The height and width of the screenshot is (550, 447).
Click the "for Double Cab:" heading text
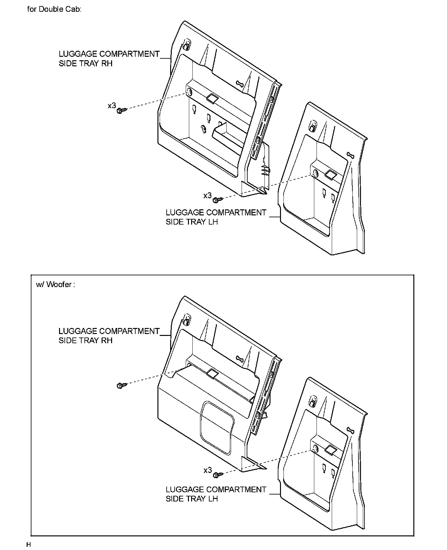[54, 9]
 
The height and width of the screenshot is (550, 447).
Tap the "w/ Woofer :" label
[56, 285]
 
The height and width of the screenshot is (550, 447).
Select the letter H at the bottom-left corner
[29, 545]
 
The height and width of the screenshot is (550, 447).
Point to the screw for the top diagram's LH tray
[218, 199]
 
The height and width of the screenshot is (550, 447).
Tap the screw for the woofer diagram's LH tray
[218, 475]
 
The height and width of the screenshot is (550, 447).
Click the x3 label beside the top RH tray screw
[112, 105]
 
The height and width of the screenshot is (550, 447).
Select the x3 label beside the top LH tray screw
[208, 195]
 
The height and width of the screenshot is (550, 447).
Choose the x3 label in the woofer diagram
[208, 470]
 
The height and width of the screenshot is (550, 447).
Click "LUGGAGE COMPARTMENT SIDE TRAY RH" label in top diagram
[109, 59]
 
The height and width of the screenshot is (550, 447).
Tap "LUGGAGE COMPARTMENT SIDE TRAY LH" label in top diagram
[216, 217]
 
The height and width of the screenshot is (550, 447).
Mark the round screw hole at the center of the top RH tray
[203, 128]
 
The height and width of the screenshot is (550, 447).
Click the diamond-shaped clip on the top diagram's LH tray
[330, 175]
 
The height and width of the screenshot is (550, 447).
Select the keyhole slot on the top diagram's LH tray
[350, 155]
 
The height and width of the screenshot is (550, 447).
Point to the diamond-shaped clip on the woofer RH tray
[212, 374]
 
